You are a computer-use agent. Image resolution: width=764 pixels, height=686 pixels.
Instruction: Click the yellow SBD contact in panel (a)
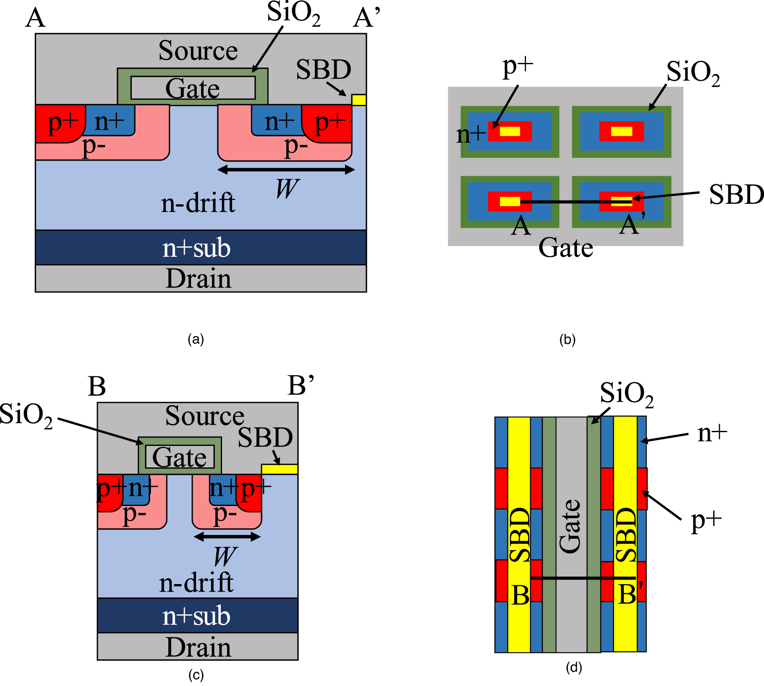pos(359,100)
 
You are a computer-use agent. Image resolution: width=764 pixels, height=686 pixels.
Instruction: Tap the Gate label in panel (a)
pos(193,89)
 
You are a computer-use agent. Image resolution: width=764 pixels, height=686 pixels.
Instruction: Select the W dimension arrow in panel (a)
pos(286,170)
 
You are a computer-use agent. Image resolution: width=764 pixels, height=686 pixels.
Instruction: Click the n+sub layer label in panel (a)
pos(196,248)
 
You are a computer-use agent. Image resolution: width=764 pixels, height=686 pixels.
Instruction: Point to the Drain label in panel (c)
pos(198,647)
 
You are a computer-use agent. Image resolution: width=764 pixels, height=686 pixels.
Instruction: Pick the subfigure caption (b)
pos(567,339)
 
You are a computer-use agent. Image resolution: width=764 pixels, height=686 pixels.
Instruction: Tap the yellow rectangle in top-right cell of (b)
pos(621,131)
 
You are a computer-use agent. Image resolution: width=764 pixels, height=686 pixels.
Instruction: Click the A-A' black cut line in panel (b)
pos(575,202)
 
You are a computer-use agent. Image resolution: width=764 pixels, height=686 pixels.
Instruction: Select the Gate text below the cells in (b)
pos(565,248)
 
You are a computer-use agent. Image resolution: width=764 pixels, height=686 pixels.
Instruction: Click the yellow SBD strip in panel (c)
pos(280,469)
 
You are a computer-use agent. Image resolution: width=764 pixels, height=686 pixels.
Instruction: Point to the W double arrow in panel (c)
pos(227,537)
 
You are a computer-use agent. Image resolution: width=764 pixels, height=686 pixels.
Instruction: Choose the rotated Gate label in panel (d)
pos(570,526)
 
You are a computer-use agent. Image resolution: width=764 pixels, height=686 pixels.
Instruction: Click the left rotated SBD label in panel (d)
pos(519,535)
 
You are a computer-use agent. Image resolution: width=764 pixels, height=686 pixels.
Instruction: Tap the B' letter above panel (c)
pos(301,386)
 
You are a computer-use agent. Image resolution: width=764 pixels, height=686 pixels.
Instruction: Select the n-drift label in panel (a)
pos(198,203)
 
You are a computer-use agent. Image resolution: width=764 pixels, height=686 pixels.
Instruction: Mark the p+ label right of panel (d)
pos(706,522)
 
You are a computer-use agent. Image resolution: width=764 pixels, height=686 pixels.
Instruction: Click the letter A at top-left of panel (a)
pos(35,18)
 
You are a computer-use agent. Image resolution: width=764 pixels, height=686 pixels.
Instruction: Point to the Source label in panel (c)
pos(204,416)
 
